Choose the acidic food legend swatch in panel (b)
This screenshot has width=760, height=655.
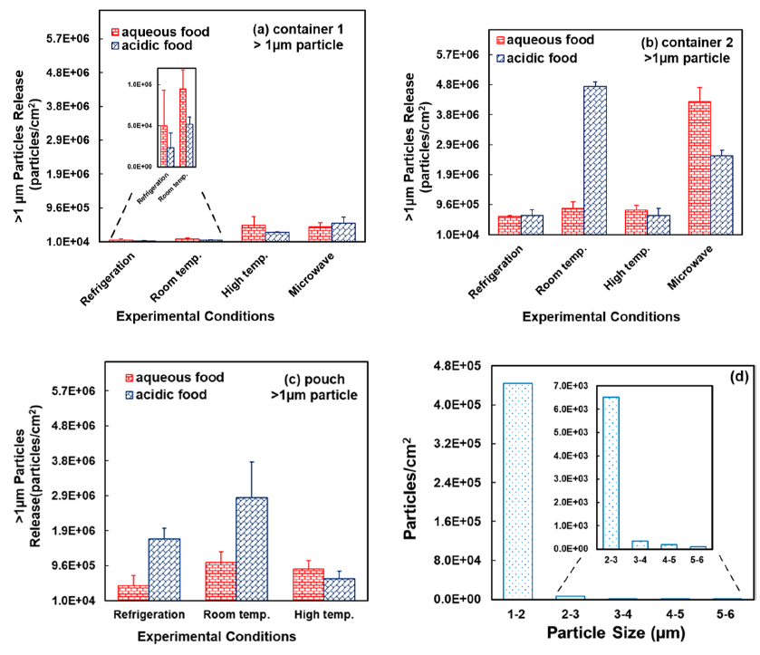pos(502,58)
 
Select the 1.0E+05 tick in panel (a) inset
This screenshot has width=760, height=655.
pos(140,84)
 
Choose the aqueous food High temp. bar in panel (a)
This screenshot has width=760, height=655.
pos(254,232)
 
